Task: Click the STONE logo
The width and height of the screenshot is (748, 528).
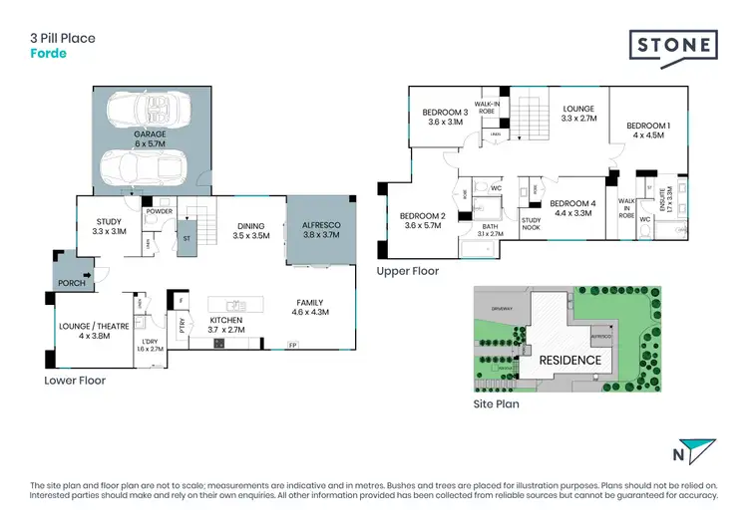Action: click(673, 45)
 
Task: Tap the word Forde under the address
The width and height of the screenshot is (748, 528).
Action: click(48, 54)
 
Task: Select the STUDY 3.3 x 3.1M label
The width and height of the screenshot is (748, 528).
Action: click(109, 226)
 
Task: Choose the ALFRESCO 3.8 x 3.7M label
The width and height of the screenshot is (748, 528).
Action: click(321, 231)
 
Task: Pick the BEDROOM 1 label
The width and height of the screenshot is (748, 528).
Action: click(647, 130)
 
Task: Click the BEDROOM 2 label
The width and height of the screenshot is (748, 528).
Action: click(421, 220)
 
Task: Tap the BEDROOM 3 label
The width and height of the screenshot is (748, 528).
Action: click(445, 117)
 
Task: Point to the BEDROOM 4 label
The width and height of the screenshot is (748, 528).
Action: click(572, 208)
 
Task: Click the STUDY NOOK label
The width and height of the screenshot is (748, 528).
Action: click(531, 225)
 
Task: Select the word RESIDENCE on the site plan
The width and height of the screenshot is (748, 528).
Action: click(571, 360)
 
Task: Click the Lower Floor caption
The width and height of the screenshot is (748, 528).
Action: click(75, 380)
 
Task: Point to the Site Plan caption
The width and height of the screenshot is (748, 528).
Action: click(497, 404)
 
